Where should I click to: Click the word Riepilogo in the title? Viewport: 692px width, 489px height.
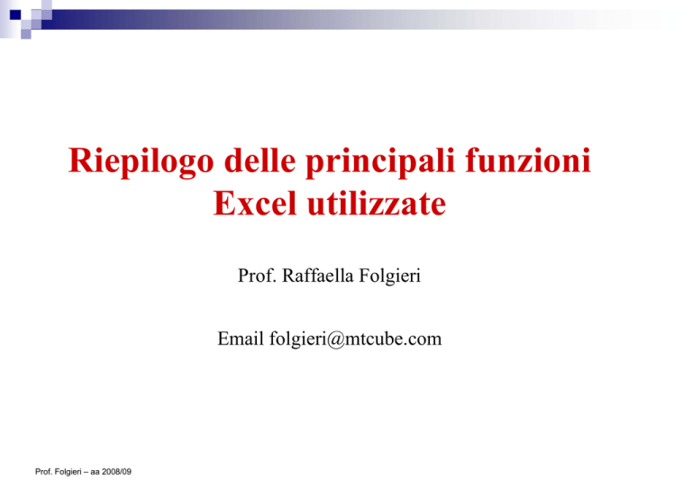tap(141, 161)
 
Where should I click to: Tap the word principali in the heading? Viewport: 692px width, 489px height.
tap(380, 161)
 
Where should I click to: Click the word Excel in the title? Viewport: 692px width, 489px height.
tap(255, 204)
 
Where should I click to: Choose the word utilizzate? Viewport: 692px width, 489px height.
tap(377, 204)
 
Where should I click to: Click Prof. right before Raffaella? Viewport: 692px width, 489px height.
tap(258, 276)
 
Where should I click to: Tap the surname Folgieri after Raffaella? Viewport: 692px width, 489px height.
tap(389, 276)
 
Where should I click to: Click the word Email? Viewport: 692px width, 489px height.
tap(241, 339)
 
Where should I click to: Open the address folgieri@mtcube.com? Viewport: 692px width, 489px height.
tap(356, 340)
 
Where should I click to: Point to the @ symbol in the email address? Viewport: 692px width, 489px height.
tap(335, 340)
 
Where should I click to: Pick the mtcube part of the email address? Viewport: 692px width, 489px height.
tap(373, 339)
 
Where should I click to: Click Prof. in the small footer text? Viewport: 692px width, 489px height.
tap(43, 472)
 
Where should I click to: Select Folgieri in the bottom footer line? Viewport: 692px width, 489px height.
tap(67, 472)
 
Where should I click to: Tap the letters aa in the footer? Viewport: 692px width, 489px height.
tap(95, 472)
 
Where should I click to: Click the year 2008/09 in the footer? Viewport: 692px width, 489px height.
tap(116, 472)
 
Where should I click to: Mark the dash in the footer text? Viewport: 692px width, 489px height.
tap(86, 472)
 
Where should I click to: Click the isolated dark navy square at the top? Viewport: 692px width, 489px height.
tap(15, 15)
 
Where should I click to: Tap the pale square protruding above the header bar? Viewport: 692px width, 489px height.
tap(47, 5)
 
